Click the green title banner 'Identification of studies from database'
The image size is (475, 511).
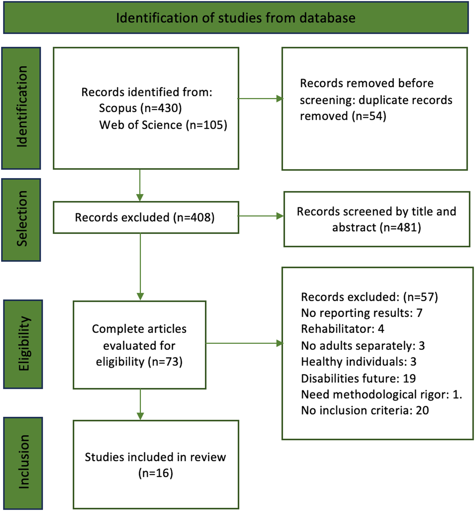tap(236, 18)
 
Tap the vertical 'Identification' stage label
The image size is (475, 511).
tap(21, 108)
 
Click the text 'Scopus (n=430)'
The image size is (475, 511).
tap(140, 108)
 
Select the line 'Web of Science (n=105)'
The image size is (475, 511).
tap(163, 125)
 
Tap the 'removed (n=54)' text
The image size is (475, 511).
tap(343, 116)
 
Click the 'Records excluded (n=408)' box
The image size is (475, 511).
tap(145, 217)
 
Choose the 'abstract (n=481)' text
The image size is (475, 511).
tap(376, 228)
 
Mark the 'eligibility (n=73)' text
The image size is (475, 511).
tap(139, 362)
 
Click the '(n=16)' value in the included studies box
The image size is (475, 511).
tap(156, 473)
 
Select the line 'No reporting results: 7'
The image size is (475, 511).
tap(361, 313)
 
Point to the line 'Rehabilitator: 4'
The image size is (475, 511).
tap(342, 329)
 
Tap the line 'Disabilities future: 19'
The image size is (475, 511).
tap(358, 379)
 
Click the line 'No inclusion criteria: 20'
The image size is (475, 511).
tap(365, 411)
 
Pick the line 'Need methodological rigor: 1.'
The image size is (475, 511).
tap(381, 395)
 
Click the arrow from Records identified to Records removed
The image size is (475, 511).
tap(260, 99)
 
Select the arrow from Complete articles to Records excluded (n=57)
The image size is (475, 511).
tap(245, 343)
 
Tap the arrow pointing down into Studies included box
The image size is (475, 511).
tap(140, 405)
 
